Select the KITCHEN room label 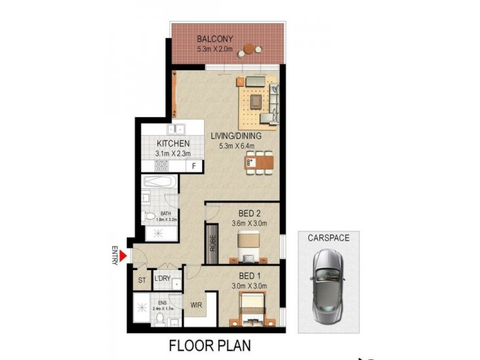pos(173,144)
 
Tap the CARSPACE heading pos(328,238)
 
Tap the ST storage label pos(142,280)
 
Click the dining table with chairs pos(259,162)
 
